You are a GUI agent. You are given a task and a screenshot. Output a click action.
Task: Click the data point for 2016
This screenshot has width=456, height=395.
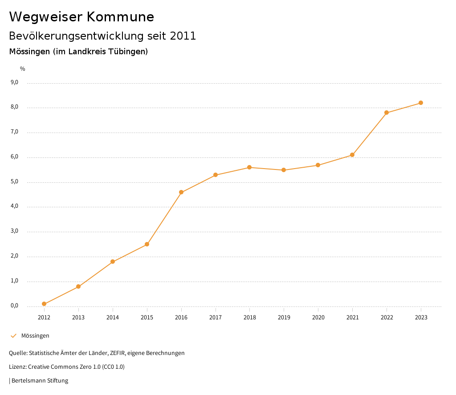(x=181, y=192)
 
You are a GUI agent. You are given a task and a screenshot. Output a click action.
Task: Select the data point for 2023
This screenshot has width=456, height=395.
(x=421, y=103)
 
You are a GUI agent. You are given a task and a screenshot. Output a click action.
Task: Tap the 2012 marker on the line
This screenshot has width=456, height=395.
(x=44, y=304)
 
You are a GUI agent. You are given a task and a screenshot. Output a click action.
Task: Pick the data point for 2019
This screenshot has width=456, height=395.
(x=284, y=170)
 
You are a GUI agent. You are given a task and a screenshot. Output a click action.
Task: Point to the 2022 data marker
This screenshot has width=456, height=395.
(x=387, y=113)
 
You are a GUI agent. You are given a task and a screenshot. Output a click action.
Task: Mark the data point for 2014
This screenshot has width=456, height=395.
(x=113, y=262)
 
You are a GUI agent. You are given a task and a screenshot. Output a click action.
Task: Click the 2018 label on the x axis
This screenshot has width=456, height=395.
(x=249, y=317)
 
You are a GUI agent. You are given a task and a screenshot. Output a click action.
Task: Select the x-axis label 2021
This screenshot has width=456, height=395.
(x=352, y=317)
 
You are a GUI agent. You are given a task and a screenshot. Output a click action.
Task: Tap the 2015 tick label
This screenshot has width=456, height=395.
(x=147, y=317)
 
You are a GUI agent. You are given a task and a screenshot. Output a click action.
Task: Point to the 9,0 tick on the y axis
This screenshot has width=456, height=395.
(x=14, y=82)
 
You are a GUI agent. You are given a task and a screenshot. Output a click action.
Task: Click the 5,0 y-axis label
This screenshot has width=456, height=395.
(x=14, y=181)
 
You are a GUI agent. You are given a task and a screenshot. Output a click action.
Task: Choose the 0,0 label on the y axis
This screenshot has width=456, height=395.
(x=14, y=306)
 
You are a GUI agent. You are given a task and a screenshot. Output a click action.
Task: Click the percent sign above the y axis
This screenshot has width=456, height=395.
(x=23, y=69)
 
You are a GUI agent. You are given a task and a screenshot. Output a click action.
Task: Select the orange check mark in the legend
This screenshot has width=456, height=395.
(x=13, y=336)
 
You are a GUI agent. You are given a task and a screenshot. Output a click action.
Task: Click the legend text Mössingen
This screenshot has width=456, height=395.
(x=35, y=336)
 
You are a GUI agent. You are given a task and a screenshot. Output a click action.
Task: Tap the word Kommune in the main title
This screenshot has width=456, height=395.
(x=120, y=17)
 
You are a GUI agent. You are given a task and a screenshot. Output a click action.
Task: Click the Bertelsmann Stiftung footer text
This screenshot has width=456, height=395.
(x=40, y=381)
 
